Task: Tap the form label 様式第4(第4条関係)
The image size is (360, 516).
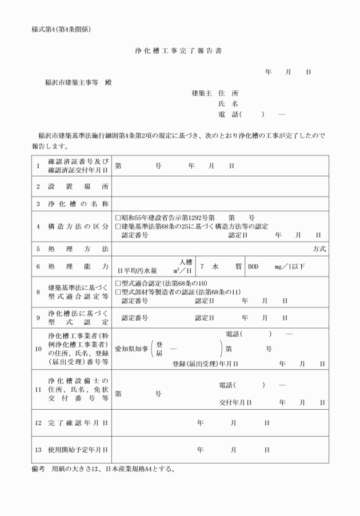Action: [61, 29]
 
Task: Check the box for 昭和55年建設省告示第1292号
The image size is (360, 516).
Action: [118, 218]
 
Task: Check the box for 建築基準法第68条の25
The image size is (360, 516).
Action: [118, 226]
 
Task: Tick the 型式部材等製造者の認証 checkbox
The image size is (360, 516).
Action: [118, 292]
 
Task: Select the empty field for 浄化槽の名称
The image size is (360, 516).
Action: [220, 203]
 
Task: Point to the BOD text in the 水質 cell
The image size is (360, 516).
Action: [253, 266]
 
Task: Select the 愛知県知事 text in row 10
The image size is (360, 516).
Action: [131, 348]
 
